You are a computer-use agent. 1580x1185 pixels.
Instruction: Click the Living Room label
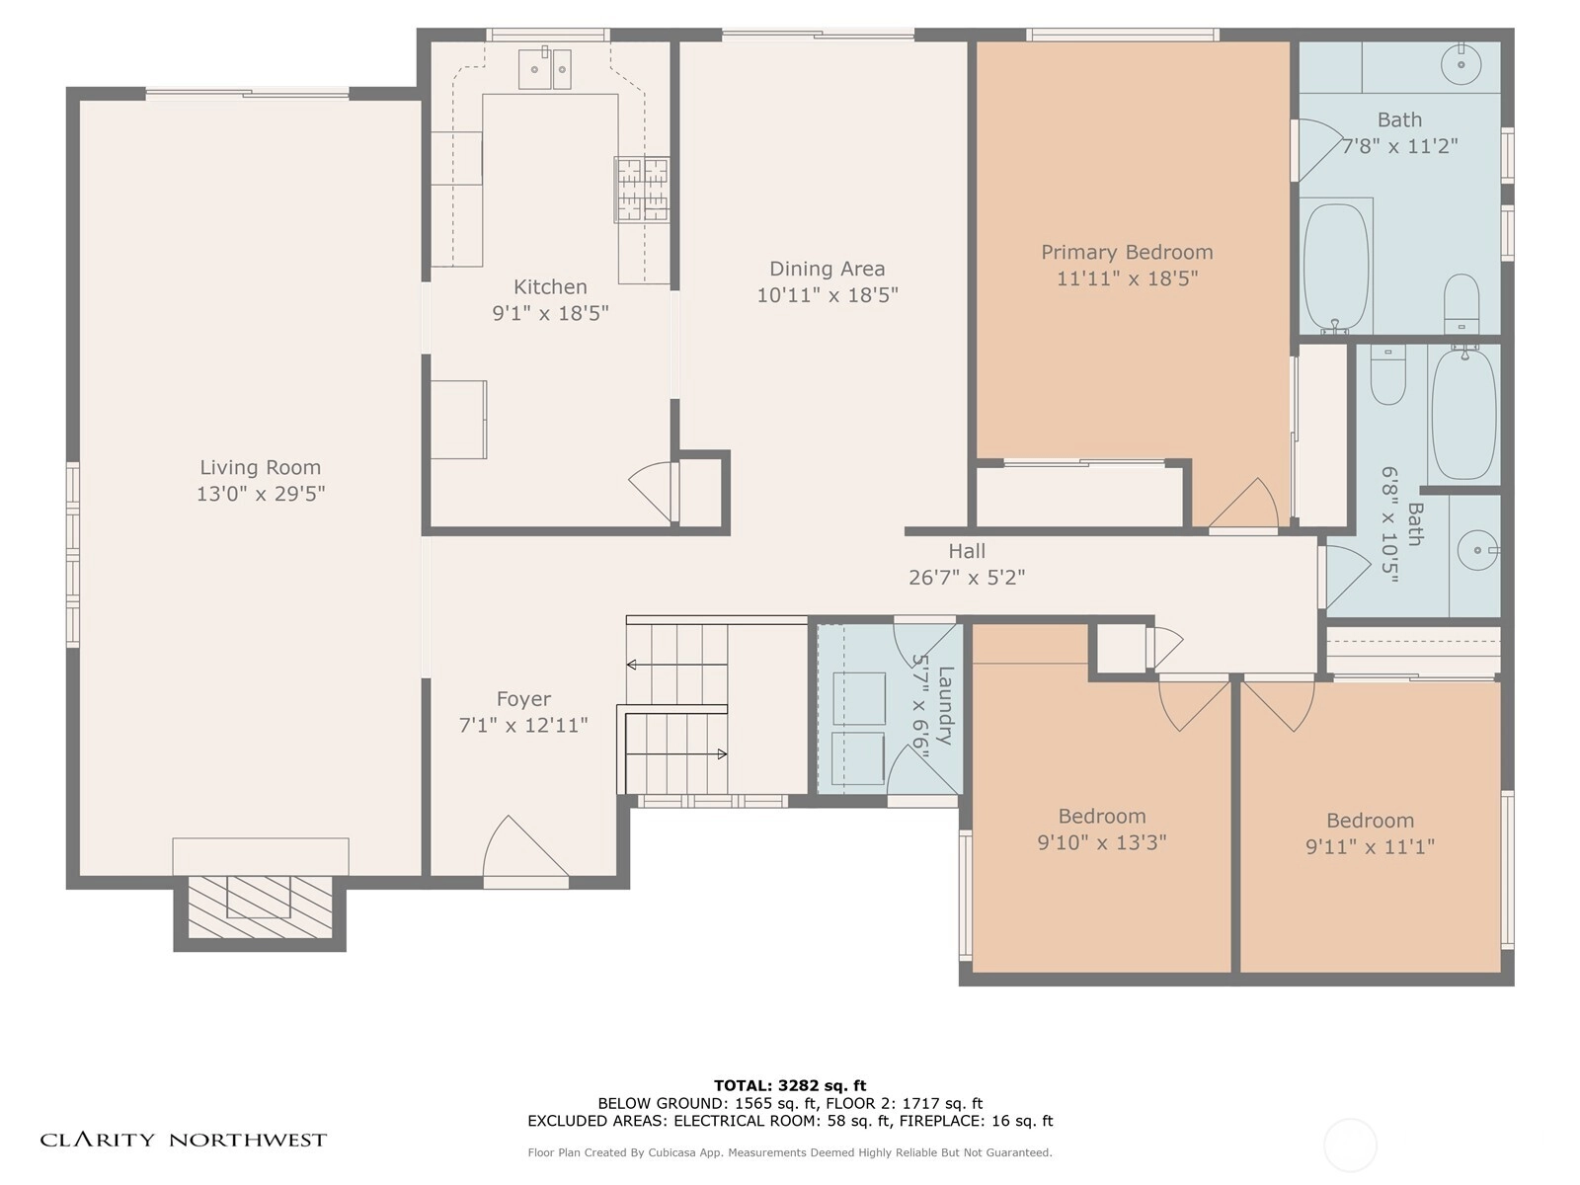(x=260, y=468)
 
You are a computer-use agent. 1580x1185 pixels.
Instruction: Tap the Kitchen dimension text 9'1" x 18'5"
(x=551, y=313)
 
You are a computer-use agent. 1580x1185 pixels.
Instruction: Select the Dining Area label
(x=828, y=269)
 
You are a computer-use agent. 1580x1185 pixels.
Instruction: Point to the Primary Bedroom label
(x=1128, y=253)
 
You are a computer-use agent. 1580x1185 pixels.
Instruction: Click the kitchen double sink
(x=545, y=68)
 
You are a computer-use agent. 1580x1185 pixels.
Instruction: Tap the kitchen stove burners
(x=642, y=190)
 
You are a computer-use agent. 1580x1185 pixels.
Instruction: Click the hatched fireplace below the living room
(x=260, y=907)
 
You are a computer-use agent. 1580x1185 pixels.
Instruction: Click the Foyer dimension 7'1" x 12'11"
(x=523, y=725)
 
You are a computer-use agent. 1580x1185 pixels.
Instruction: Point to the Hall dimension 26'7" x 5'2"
(x=967, y=578)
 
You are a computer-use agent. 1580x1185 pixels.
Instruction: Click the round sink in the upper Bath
(x=1461, y=64)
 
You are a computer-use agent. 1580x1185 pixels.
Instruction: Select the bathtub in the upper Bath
(x=1336, y=267)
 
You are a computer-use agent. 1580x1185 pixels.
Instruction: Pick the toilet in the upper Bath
(x=1461, y=303)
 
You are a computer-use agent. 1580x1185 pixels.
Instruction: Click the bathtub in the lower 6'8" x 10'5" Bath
(x=1464, y=414)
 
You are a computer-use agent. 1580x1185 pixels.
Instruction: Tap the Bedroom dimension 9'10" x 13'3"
(x=1102, y=842)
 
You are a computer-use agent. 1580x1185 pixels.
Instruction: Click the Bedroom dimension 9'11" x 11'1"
(x=1371, y=847)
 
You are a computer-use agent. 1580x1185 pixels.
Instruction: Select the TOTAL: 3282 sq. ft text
(x=790, y=1085)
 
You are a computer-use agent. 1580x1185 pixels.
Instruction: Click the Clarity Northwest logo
(x=183, y=1140)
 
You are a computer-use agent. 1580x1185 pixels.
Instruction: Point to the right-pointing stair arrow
(x=676, y=754)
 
